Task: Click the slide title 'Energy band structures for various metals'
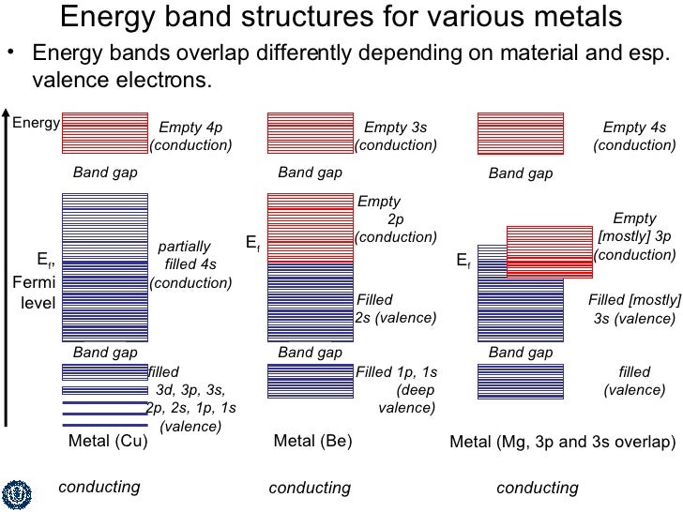coord(341,17)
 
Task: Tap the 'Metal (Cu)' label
coord(108,442)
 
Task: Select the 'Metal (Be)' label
coord(312,442)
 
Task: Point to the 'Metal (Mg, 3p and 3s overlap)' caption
coord(562,442)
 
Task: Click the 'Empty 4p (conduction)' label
coord(191,136)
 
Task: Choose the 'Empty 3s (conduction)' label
coord(396,136)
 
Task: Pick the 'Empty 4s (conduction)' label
coord(634,136)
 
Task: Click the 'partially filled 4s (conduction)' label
coord(191,264)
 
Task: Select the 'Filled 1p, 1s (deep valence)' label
coord(397,389)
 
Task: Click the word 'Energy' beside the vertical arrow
coord(36,122)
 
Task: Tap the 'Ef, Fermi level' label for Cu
coord(38,279)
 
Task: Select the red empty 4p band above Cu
coord(105,132)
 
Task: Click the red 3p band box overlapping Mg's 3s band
coord(550,251)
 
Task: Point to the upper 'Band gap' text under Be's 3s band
coord(311,173)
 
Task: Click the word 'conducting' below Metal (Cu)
coord(99,487)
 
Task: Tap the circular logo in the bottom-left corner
coord(18,490)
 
